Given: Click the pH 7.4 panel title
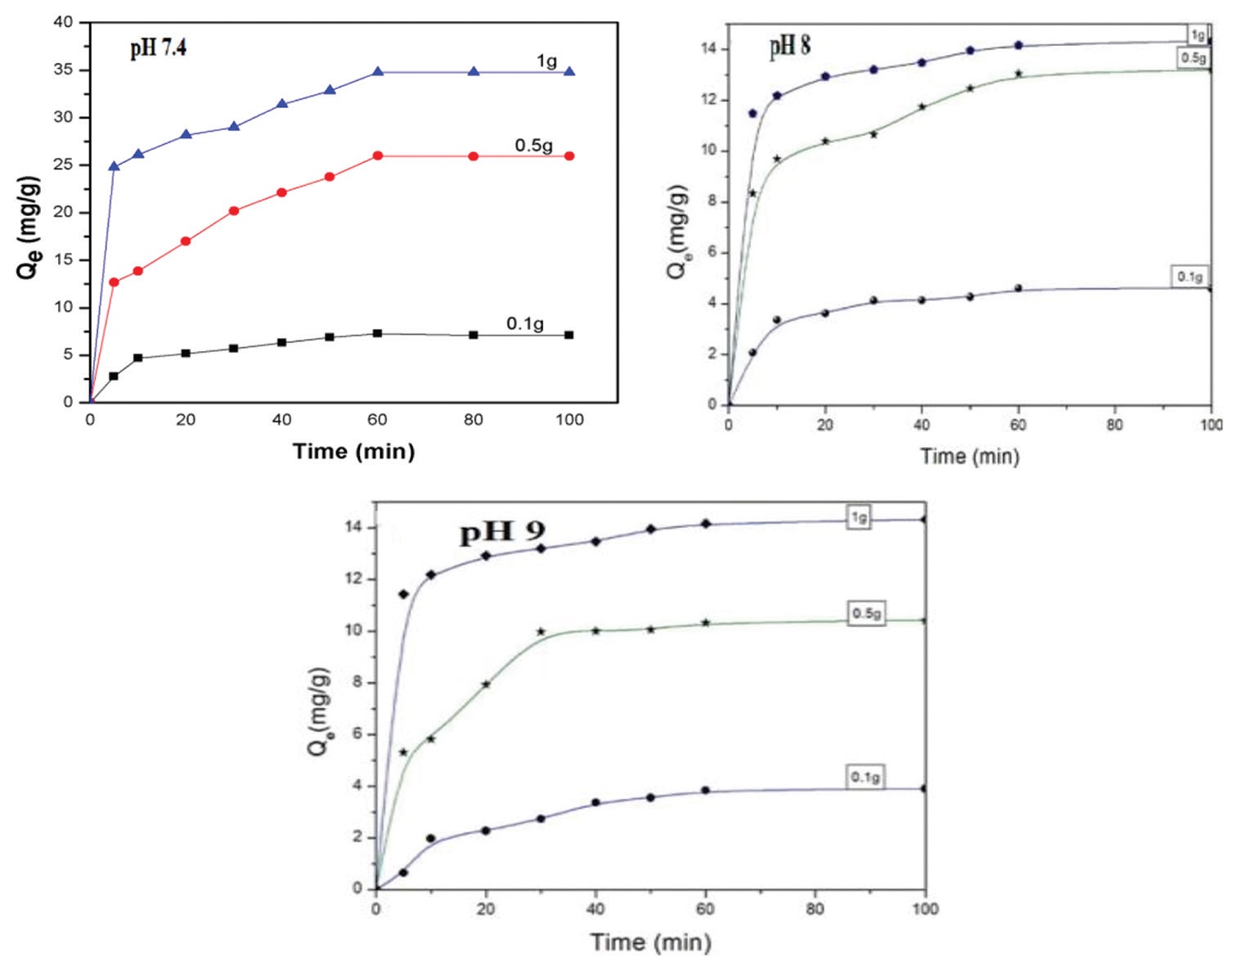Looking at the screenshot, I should coord(158,48).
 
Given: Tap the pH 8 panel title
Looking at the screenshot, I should coord(789,46).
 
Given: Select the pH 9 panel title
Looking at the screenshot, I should coord(502,532).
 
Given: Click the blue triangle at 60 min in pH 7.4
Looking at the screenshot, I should coord(377,72).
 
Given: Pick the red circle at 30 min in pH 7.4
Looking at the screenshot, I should coord(234,210).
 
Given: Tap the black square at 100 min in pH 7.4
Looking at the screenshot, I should coord(569,335).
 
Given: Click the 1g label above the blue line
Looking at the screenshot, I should coord(547,61).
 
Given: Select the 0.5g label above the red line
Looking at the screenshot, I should coord(533,146).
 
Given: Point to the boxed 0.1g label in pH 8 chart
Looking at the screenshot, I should coord(1190,277).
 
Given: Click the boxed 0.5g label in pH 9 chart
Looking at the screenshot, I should coord(866,613).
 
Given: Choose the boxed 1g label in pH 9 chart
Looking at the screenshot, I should coord(859,517).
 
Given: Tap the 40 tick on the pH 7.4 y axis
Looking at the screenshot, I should coord(64,22).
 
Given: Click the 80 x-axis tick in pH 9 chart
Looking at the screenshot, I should coord(815,909).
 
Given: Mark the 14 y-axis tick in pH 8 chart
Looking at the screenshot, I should coord(708,49).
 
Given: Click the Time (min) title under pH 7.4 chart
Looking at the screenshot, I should coord(353,451).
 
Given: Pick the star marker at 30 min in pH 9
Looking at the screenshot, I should coord(541,631).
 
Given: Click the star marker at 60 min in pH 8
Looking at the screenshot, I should coord(1019,74).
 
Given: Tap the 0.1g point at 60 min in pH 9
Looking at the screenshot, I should coord(705,791).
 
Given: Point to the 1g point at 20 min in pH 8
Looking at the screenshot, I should coord(825,76).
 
